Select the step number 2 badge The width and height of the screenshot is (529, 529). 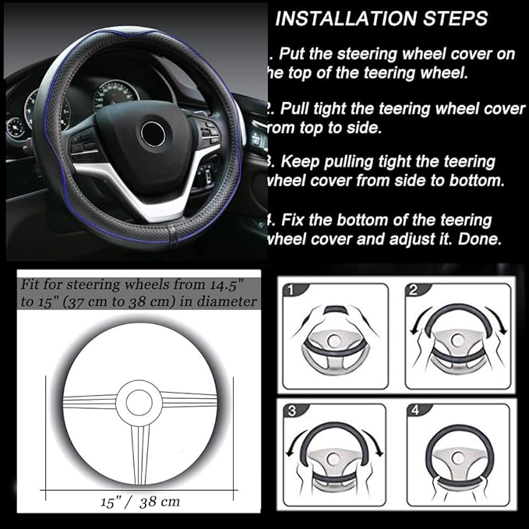pos(412,291)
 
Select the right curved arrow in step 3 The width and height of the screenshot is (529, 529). pos(375,452)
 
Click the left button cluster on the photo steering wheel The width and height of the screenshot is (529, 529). pos(86,146)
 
